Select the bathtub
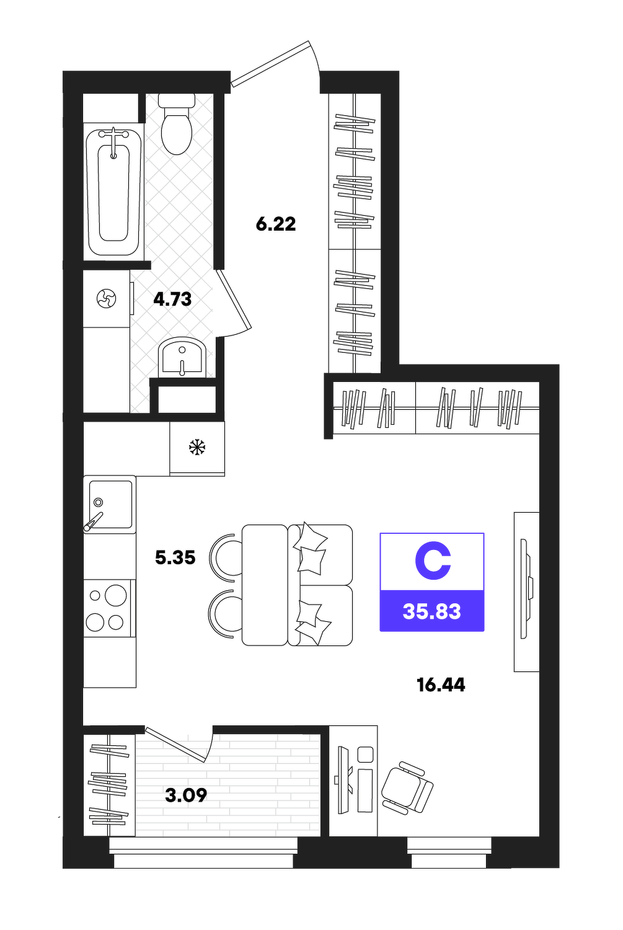click(113, 192)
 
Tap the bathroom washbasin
click(182, 358)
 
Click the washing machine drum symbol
click(106, 298)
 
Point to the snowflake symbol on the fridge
click(197, 447)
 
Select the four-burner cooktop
click(109, 608)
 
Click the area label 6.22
click(276, 224)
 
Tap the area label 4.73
click(172, 299)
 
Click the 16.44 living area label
click(441, 685)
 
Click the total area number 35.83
click(431, 611)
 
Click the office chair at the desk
click(407, 787)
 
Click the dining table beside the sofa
click(265, 585)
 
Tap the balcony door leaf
click(175, 744)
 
